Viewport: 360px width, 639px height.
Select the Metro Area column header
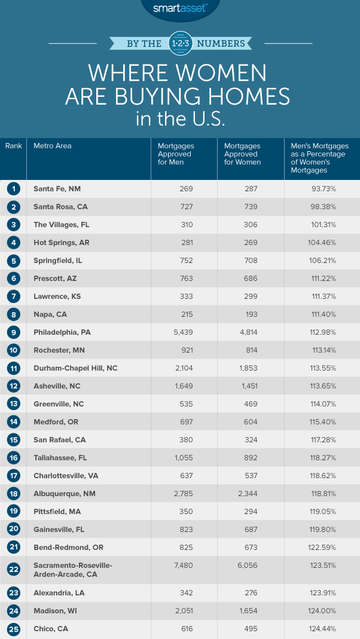click(x=52, y=146)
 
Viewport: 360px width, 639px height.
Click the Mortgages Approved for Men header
click(x=175, y=154)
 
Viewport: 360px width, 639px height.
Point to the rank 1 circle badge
click(x=13, y=189)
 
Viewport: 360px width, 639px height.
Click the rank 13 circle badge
click(x=13, y=404)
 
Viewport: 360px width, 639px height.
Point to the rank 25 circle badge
click(x=13, y=629)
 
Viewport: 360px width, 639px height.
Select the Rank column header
click(x=13, y=146)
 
